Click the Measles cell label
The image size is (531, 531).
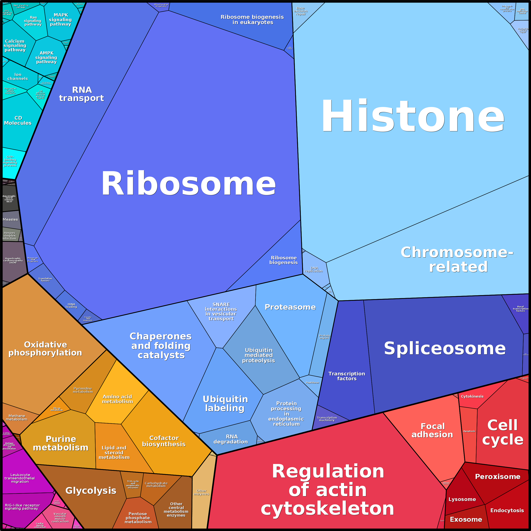(x=10, y=219)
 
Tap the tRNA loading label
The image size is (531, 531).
(x=71, y=305)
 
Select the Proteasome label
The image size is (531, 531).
(x=290, y=307)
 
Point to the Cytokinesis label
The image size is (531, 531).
(x=472, y=396)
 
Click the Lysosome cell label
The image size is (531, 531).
(x=462, y=499)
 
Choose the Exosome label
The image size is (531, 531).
(x=466, y=519)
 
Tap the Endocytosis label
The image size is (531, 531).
(x=507, y=510)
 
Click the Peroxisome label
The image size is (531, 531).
(x=497, y=476)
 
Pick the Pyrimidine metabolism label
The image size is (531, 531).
(x=83, y=390)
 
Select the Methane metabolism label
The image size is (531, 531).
(x=16, y=417)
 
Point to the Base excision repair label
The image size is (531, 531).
(x=301, y=11)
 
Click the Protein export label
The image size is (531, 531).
(x=324, y=337)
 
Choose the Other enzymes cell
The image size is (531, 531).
(x=201, y=492)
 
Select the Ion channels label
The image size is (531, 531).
(x=18, y=76)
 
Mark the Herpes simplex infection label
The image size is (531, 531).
(x=10, y=235)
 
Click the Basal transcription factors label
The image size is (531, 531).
(x=520, y=309)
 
